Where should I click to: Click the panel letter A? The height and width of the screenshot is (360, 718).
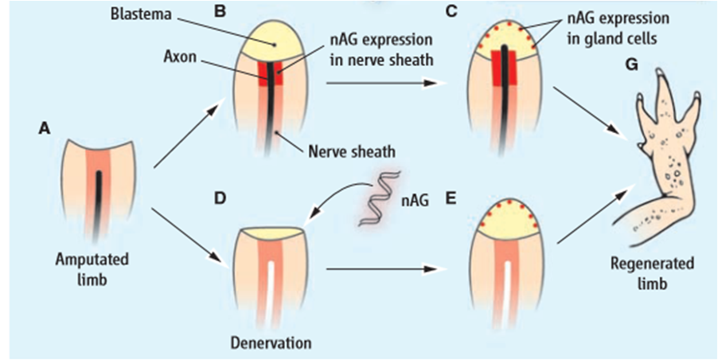click(x=45, y=127)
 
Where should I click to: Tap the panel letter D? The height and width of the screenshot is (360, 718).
click(x=220, y=194)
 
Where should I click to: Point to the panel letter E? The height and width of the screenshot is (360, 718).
click(x=451, y=194)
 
